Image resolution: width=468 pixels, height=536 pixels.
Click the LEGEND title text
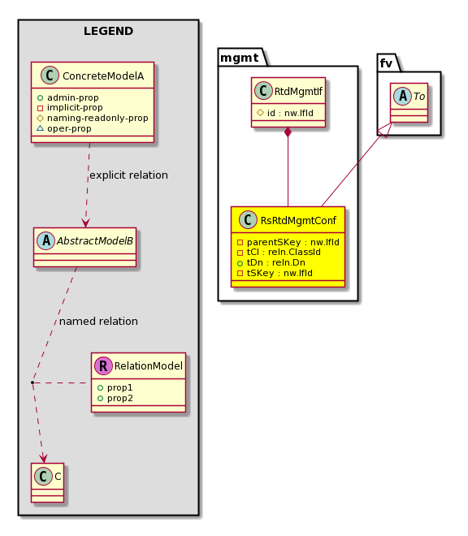(108, 31)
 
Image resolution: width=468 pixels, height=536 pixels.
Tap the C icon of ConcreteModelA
(50, 76)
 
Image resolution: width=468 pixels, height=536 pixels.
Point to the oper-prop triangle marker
(40, 128)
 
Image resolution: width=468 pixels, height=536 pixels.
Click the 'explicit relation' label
(128, 175)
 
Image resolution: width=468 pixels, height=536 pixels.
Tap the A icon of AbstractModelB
(46, 240)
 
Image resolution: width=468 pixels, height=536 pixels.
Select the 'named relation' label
(98, 322)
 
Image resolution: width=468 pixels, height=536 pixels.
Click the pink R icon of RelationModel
(103, 365)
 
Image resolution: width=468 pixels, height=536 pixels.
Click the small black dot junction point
(32, 383)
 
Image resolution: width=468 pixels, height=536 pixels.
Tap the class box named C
(48, 482)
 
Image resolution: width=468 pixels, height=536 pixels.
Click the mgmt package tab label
(239, 58)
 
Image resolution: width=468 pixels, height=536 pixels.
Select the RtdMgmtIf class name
(298, 91)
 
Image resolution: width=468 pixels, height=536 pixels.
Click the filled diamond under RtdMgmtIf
(288, 132)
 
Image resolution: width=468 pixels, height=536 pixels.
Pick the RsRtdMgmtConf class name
(298, 220)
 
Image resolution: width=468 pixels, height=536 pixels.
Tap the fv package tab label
(386, 63)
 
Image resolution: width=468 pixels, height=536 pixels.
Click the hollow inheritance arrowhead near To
(385, 130)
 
